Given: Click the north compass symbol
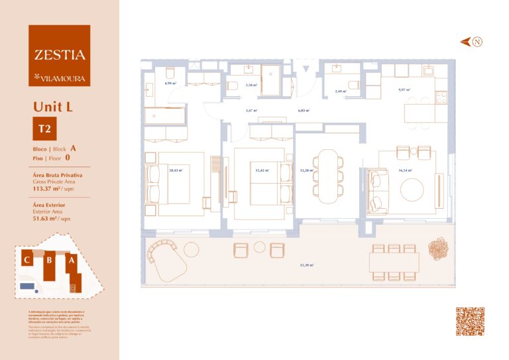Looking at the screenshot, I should click(x=477, y=42).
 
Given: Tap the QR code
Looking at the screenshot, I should click(x=470, y=321).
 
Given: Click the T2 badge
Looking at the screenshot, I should click(x=44, y=129).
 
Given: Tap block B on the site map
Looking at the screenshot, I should click(x=49, y=261).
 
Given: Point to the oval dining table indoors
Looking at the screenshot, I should click(x=328, y=176).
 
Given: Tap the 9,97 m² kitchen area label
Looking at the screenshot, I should click(x=404, y=90).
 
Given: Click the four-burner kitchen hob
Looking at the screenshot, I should click(x=441, y=97).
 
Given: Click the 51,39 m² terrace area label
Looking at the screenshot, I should click(x=306, y=265).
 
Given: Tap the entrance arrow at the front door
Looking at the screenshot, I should click(x=306, y=70).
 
